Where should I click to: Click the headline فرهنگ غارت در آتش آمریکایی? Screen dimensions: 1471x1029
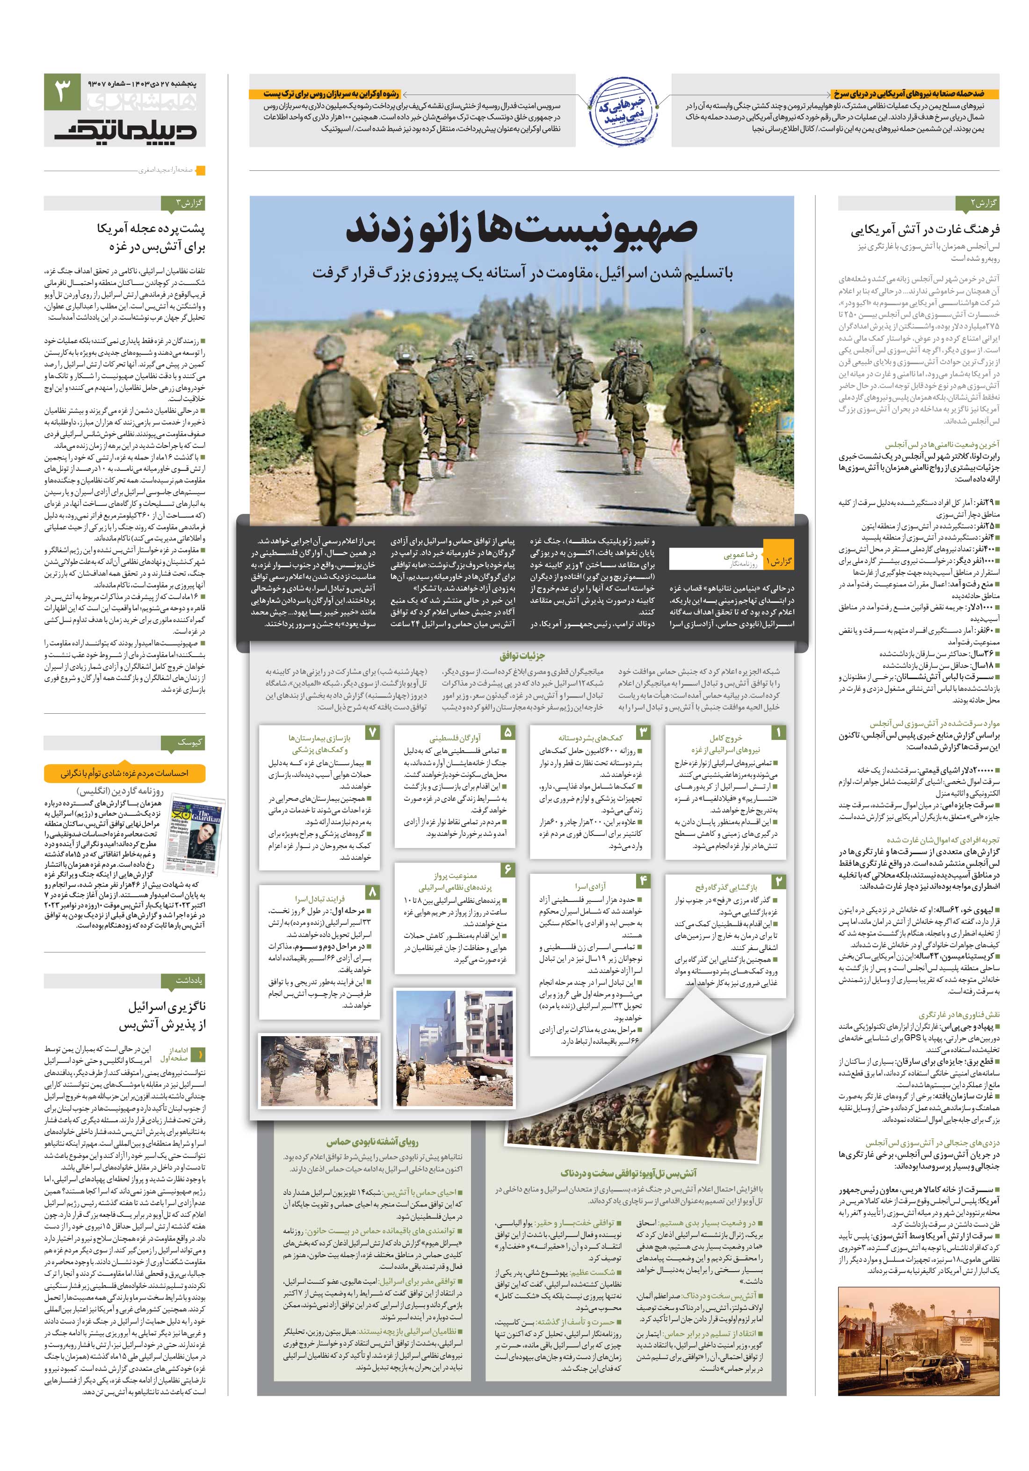(925, 230)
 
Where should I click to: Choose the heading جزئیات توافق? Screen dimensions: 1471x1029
(522, 656)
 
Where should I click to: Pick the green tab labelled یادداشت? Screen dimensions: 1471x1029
(189, 980)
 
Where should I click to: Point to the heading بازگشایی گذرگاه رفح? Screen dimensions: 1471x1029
(726, 887)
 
